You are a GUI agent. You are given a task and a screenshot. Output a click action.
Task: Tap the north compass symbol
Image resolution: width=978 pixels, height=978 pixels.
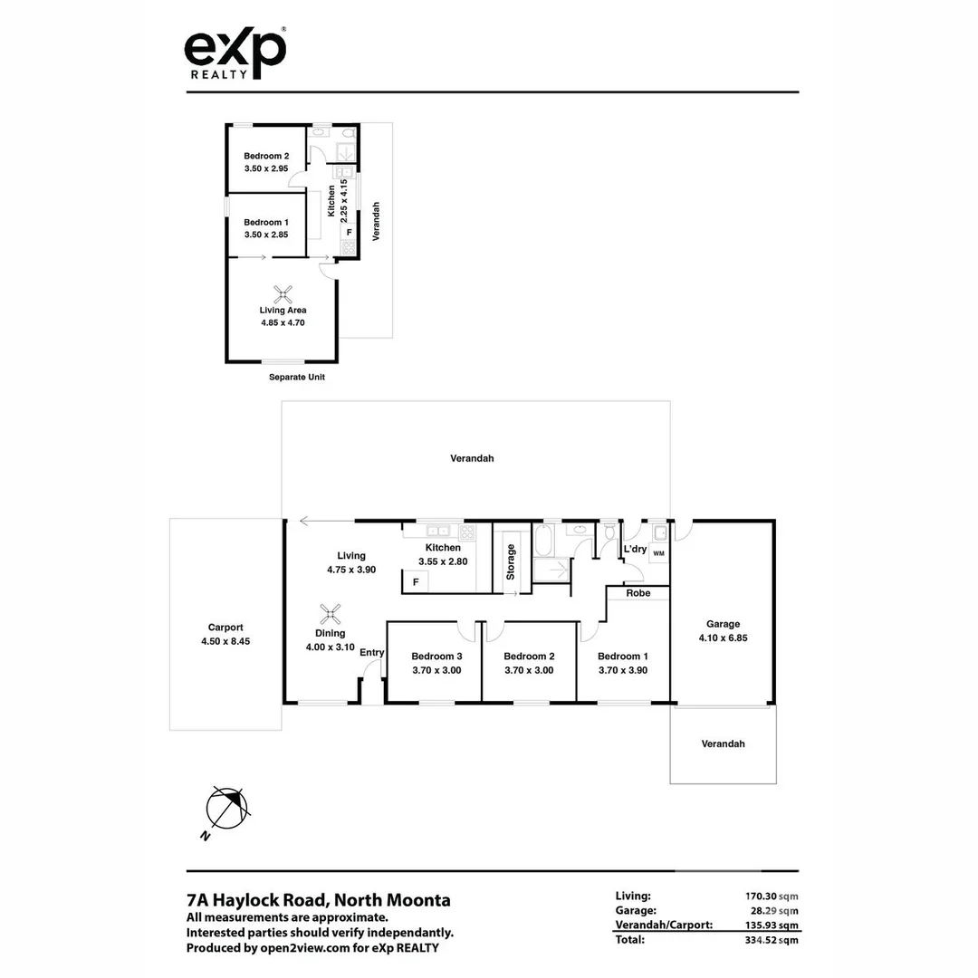pyautogui.click(x=226, y=807)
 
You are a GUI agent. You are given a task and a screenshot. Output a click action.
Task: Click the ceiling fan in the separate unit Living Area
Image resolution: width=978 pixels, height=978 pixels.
pyautogui.click(x=283, y=292)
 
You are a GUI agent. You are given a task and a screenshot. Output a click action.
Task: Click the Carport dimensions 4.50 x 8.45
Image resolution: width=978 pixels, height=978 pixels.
pyautogui.click(x=225, y=641)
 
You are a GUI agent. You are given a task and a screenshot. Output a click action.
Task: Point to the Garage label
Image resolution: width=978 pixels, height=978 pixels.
pyautogui.click(x=723, y=623)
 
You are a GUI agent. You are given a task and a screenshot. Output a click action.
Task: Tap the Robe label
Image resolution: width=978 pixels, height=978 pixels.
pyautogui.click(x=638, y=593)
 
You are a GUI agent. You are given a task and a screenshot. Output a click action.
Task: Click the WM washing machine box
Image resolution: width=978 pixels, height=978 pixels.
pyautogui.click(x=658, y=552)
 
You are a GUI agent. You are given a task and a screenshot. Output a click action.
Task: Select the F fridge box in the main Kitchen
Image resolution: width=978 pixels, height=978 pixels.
pyautogui.click(x=416, y=582)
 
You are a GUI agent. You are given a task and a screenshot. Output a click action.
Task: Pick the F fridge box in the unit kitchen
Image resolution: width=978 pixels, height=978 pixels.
pyautogui.click(x=349, y=232)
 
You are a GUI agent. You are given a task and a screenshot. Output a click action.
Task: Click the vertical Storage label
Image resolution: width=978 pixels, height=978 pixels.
pyautogui.click(x=511, y=561)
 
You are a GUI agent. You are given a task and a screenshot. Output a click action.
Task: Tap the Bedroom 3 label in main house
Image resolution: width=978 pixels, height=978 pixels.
pyautogui.click(x=436, y=656)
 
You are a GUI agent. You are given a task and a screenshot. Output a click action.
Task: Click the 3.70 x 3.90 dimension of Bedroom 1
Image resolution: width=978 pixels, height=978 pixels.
pyautogui.click(x=622, y=670)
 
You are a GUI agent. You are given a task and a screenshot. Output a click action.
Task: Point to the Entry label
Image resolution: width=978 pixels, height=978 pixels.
pyautogui.click(x=371, y=652)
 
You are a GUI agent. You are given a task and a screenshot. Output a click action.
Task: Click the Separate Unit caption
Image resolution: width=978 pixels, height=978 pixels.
pyautogui.click(x=296, y=377)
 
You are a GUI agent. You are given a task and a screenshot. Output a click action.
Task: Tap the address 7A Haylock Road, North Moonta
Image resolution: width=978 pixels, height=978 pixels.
pyautogui.click(x=318, y=900)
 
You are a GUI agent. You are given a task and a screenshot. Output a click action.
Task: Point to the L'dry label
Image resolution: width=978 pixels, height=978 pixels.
pyautogui.click(x=634, y=549)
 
